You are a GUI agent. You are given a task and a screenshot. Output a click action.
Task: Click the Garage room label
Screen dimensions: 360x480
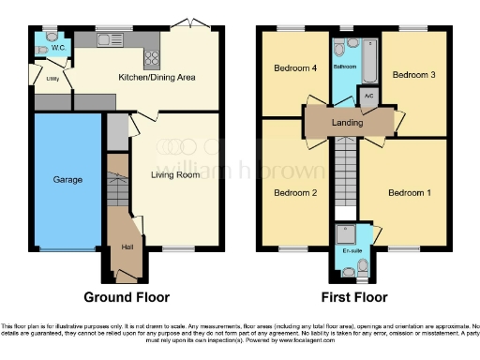(67, 179)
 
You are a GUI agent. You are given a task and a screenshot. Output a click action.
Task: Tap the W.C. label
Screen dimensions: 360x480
(56, 46)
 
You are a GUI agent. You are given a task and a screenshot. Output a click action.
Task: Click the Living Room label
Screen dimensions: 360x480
(175, 174)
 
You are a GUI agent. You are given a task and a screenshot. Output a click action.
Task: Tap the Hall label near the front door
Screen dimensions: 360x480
(127, 247)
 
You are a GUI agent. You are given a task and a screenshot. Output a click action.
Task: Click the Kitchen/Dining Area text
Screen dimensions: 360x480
(156, 77)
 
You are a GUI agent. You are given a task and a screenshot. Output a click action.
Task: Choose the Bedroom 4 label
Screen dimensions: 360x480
(294, 68)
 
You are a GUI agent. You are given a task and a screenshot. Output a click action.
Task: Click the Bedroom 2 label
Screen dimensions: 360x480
(294, 193)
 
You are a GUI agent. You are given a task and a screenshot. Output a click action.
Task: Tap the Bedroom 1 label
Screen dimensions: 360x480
(410, 193)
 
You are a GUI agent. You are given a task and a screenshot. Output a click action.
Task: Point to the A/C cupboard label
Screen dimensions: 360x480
(368, 95)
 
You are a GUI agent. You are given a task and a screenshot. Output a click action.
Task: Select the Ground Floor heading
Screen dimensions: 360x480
(127, 297)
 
